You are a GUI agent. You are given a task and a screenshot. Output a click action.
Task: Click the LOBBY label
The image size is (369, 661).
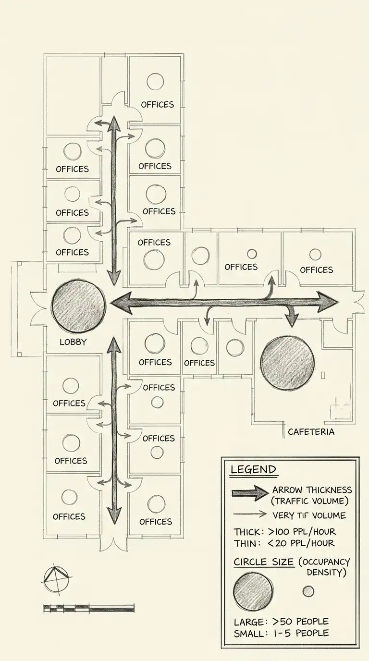pos(73,342)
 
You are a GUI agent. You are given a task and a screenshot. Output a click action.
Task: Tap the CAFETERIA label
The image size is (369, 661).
pos(311,431)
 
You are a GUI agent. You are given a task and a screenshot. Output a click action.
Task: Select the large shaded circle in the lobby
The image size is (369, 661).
pos(78,306)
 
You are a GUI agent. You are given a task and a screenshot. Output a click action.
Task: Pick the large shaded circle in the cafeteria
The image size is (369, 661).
pos(287,363)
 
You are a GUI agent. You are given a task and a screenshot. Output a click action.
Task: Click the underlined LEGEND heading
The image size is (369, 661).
pos(253,469)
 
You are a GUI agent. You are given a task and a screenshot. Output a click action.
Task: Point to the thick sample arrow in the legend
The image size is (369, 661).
pos(249,493)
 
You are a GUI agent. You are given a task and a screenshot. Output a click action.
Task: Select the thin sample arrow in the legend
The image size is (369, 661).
pos(249,514)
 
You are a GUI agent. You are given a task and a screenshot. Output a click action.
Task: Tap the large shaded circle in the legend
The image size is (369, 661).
pos(253,591)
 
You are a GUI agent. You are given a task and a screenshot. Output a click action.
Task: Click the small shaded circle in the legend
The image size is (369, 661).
pos(308,591)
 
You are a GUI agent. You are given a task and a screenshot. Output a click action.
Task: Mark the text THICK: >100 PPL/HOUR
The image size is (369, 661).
pos(284,532)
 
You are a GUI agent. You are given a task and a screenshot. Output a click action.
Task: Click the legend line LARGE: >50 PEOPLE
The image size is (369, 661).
pos(281,622)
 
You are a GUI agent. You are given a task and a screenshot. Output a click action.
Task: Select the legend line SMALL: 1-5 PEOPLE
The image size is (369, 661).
pos(281,633)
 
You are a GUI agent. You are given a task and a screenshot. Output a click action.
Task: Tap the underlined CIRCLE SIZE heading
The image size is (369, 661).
pos(263,562)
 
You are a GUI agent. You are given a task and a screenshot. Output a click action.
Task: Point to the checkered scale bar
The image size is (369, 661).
pos(88,608)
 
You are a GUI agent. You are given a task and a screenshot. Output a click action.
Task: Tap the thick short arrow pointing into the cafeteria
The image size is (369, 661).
pos(290,318)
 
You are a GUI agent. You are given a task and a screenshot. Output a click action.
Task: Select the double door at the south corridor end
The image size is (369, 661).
pos(114,543)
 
